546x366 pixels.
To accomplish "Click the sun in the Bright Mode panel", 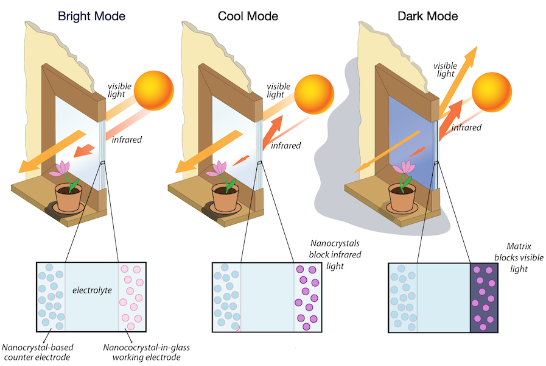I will click(x=153, y=90).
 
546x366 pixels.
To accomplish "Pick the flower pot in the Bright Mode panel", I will click(x=68, y=196).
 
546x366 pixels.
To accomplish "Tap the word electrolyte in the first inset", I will click(x=92, y=290).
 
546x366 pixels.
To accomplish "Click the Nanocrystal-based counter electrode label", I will click(x=38, y=352).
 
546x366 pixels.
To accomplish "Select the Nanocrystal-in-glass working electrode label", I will click(x=146, y=352).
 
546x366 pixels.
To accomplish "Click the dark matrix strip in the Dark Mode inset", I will click(x=487, y=298).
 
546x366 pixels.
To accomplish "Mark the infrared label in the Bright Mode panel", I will click(x=127, y=140).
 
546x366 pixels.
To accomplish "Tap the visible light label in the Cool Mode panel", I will click(x=279, y=90).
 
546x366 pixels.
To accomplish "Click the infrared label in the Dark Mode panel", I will click(x=466, y=128).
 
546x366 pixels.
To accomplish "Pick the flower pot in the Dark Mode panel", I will click(x=402, y=197).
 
